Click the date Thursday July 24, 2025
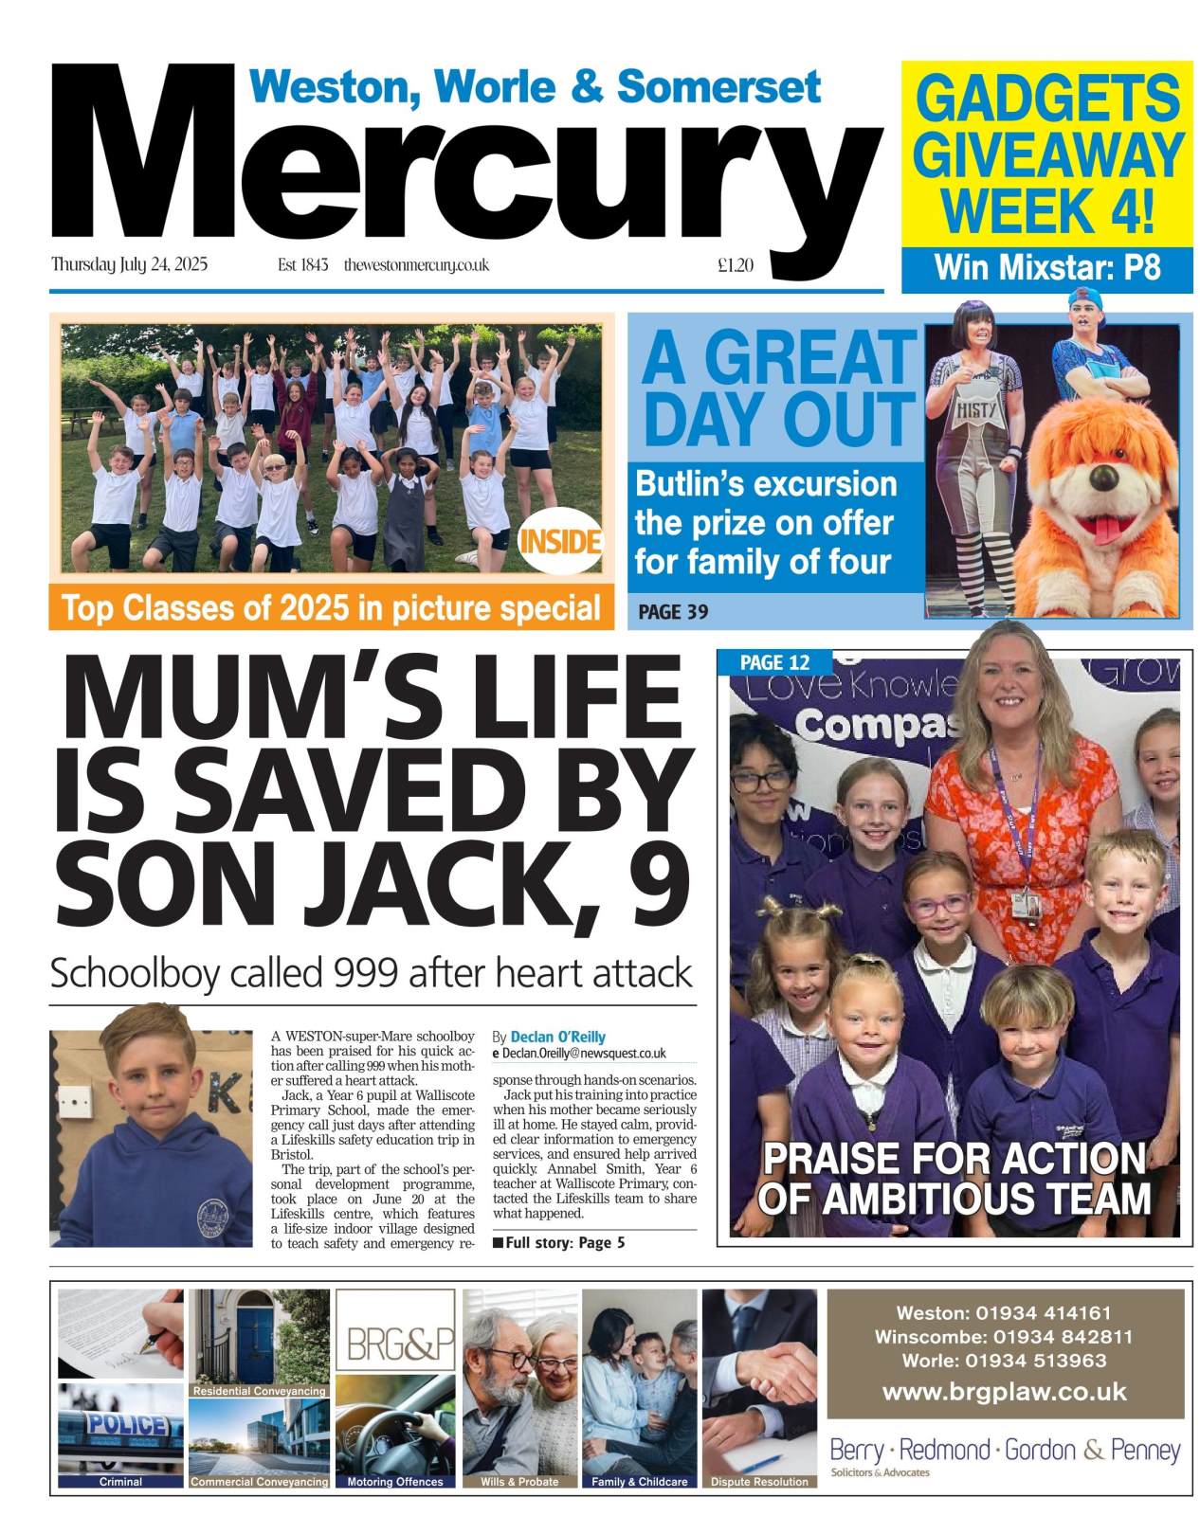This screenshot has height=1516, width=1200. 129,265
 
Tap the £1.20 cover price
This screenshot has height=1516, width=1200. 736,266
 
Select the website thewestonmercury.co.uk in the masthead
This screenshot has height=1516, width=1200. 416,266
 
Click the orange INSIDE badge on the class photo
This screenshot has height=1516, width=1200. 560,542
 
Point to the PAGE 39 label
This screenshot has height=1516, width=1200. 673,612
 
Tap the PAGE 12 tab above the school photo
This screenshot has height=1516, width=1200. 774,662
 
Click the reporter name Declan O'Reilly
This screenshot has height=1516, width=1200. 557,1037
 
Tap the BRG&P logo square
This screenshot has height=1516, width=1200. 396,1343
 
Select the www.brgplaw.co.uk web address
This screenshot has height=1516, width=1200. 1005,1392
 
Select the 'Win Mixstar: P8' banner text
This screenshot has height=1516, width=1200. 1046,268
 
